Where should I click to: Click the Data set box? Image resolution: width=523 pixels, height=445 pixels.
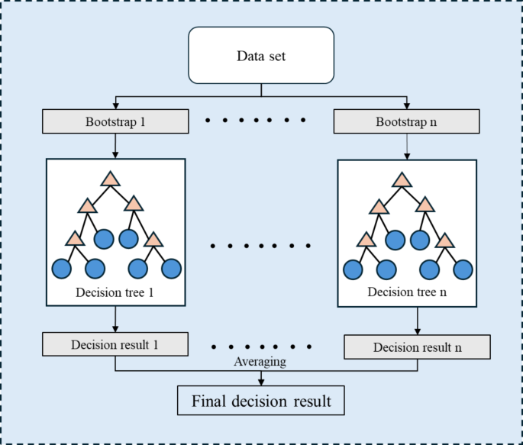pyautogui.click(x=261, y=55)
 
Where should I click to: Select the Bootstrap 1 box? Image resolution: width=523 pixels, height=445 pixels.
pyautogui.click(x=115, y=121)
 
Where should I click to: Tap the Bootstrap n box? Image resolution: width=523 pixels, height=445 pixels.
pyautogui.click(x=407, y=121)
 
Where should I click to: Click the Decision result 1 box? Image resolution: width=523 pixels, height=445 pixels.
pyautogui.click(x=115, y=343)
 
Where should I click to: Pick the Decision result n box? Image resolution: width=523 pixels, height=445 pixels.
pyautogui.click(x=418, y=347)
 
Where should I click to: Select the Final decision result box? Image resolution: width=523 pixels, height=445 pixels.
pyautogui.click(x=261, y=401)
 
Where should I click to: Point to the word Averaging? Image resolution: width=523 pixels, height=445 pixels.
pyautogui.click(x=260, y=362)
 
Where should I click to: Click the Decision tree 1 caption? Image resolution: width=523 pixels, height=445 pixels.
pyautogui.click(x=115, y=293)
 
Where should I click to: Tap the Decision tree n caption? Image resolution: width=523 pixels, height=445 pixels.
pyautogui.click(x=406, y=292)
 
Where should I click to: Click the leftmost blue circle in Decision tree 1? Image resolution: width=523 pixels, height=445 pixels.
pyautogui.click(x=61, y=269)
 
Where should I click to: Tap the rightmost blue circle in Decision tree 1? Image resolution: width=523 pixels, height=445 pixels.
pyautogui.click(x=171, y=269)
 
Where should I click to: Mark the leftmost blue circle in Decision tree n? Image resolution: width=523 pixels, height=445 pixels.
pyautogui.click(x=353, y=269)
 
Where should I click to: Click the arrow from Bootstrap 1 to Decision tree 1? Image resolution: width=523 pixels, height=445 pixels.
pyautogui.click(x=115, y=145)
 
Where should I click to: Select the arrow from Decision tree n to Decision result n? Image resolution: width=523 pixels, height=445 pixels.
pyautogui.click(x=418, y=321)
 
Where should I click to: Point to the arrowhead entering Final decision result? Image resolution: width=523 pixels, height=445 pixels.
pyautogui.click(x=261, y=382)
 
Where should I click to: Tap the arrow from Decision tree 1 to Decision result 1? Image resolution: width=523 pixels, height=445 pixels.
pyautogui.click(x=115, y=318)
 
